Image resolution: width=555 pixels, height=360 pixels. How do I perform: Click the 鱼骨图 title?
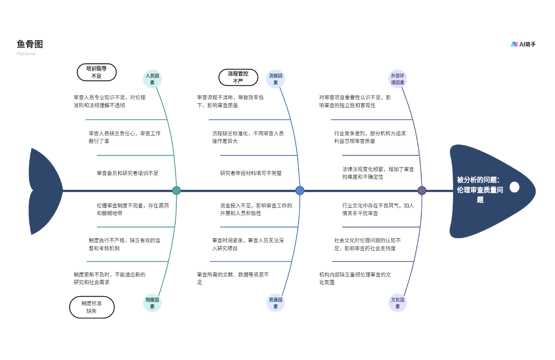[x=30, y=44]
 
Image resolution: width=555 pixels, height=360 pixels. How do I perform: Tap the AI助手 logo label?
[x=523, y=45]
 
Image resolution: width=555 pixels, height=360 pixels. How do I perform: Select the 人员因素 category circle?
[x=152, y=79]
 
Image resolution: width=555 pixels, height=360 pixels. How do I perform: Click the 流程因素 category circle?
[x=275, y=79]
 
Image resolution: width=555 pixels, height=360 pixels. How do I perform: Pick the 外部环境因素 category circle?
[x=398, y=79]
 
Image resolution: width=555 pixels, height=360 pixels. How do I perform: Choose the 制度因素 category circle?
[x=152, y=303]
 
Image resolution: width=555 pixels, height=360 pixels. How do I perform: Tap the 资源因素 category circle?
[x=275, y=303]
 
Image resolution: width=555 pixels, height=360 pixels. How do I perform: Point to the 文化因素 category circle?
[x=398, y=303]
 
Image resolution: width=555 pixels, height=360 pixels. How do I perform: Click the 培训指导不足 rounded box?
[x=97, y=72]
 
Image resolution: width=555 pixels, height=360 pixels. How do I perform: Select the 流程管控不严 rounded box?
[x=238, y=77]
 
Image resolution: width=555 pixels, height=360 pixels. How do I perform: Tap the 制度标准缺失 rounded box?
[x=92, y=307]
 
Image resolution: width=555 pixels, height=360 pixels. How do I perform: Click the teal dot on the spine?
[x=176, y=190]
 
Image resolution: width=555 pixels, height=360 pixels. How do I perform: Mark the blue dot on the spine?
[x=300, y=190]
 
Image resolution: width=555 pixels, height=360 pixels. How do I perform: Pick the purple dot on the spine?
[x=422, y=190]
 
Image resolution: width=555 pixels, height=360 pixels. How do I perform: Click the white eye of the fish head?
[x=515, y=187]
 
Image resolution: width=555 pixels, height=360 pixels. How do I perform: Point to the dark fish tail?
[x=45, y=191]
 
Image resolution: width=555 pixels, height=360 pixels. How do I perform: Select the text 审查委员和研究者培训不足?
[x=127, y=173]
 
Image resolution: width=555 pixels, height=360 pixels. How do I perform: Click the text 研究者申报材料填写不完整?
[x=251, y=173]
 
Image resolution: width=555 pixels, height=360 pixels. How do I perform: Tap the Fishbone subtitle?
[x=26, y=54]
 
